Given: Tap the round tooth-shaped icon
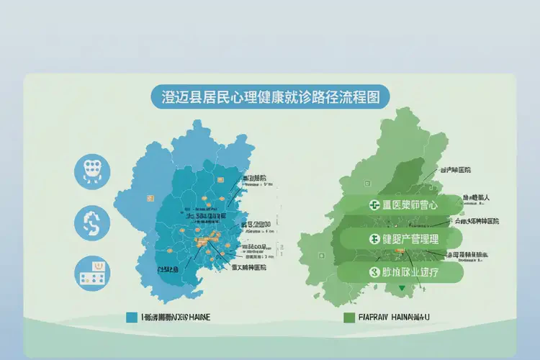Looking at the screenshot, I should coord(92,171).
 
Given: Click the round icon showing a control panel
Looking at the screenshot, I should coord(92,274).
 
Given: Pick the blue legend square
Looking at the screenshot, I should coord(131,317).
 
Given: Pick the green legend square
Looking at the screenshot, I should coord(349,317).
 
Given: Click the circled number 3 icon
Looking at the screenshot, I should coord(374,273).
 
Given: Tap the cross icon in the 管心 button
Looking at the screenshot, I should coord(374,205).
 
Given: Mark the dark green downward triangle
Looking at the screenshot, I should coord(413,289).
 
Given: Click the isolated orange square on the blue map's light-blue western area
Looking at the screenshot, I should coord(150,197).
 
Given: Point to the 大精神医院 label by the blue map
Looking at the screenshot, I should coord(248,267).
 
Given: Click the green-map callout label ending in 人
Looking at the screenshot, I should coord(476,197).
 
